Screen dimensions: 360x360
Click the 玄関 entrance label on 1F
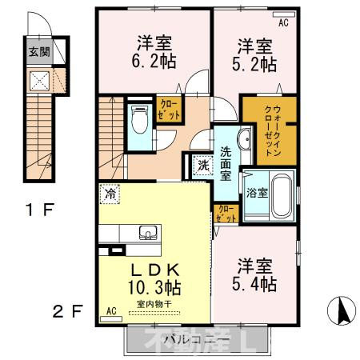point(38,53)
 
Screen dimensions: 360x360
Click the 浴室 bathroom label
point(256,192)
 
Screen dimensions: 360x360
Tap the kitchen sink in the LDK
point(149,233)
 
